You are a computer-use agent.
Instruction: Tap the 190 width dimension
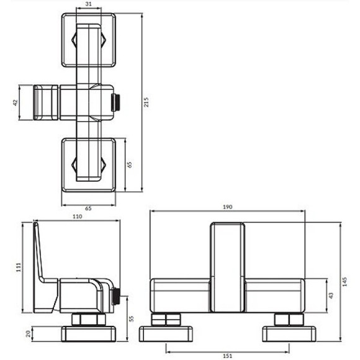(x=227, y=207)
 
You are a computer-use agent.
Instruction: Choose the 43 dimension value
(x=330, y=295)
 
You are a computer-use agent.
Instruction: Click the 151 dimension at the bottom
(x=228, y=355)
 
